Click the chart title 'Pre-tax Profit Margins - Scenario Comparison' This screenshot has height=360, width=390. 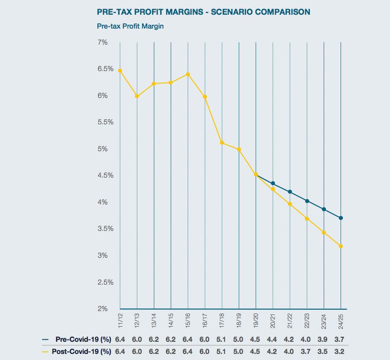204,12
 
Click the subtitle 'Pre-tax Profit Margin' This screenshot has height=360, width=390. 130,26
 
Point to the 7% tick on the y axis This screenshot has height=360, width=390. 103,42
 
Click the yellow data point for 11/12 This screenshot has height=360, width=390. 120,71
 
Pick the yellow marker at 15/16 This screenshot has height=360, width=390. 188,74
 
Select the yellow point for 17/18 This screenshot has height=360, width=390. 222,143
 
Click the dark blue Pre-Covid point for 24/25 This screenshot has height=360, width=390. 341,218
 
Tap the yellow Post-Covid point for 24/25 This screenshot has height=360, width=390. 341,246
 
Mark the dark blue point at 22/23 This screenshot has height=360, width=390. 307,201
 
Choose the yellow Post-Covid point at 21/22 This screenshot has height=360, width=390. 290,204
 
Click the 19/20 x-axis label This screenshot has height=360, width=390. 256,321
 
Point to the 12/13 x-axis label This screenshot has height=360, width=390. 137,321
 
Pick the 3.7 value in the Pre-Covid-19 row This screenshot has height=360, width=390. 341,339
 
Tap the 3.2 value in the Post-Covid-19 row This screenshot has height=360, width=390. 341,351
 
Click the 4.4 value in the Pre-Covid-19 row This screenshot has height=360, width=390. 273,339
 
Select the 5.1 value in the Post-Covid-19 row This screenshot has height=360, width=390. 222,351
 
